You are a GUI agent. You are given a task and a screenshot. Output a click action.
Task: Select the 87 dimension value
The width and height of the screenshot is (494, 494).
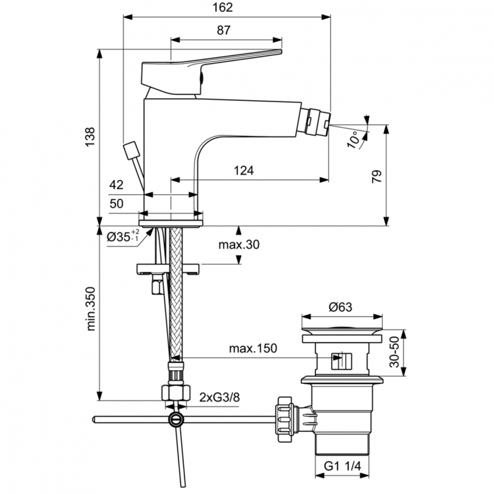pyautogui.click(x=223, y=30)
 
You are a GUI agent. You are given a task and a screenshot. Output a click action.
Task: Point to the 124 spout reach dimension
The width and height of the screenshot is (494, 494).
pyautogui.click(x=244, y=170)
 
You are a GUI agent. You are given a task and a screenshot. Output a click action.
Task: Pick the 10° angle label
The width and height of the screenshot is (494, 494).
pyautogui.click(x=354, y=139)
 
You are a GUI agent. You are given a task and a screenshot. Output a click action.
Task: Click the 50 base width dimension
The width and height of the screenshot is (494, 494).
pyautogui.click(x=116, y=205)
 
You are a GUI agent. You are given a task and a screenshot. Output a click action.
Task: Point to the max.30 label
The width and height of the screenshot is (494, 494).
pyautogui.click(x=239, y=244)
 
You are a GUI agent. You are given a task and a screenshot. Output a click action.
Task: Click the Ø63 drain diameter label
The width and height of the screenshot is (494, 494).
pyautogui.click(x=341, y=306)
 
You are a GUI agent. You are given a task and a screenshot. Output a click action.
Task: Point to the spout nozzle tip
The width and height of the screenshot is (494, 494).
pyautogui.click(x=319, y=123)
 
